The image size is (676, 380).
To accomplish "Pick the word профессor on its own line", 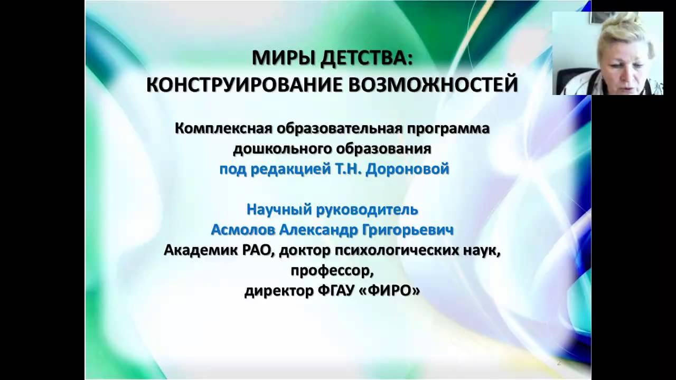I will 332,271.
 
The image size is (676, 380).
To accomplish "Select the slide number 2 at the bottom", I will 559,364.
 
